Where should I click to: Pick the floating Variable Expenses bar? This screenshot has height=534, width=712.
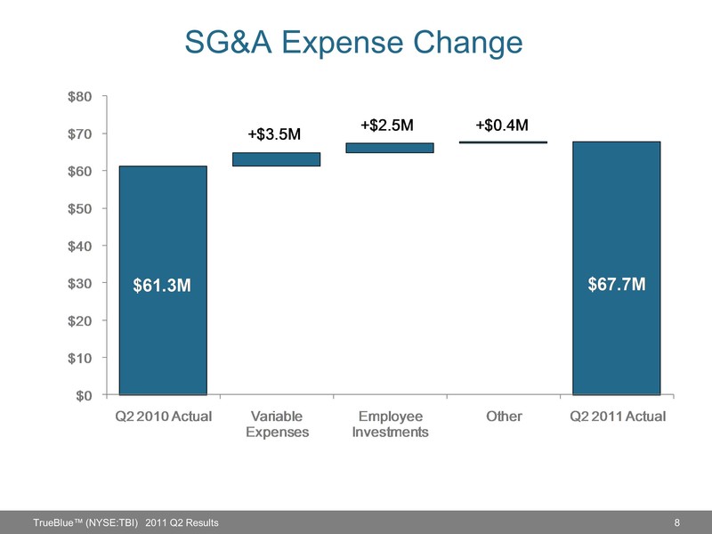coord(276,159)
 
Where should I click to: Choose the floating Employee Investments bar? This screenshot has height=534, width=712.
coord(390,148)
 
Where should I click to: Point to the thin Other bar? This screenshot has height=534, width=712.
coord(503,142)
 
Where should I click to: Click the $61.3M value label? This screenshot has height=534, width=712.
coord(163,285)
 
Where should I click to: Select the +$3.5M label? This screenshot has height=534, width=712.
coord(274,134)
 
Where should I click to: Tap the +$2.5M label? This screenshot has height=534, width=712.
coord(387,125)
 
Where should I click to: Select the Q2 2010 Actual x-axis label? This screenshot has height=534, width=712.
coord(164,417)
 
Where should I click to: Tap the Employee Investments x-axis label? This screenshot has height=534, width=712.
coord(390,424)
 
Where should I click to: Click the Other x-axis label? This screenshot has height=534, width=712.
coord(504,417)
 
